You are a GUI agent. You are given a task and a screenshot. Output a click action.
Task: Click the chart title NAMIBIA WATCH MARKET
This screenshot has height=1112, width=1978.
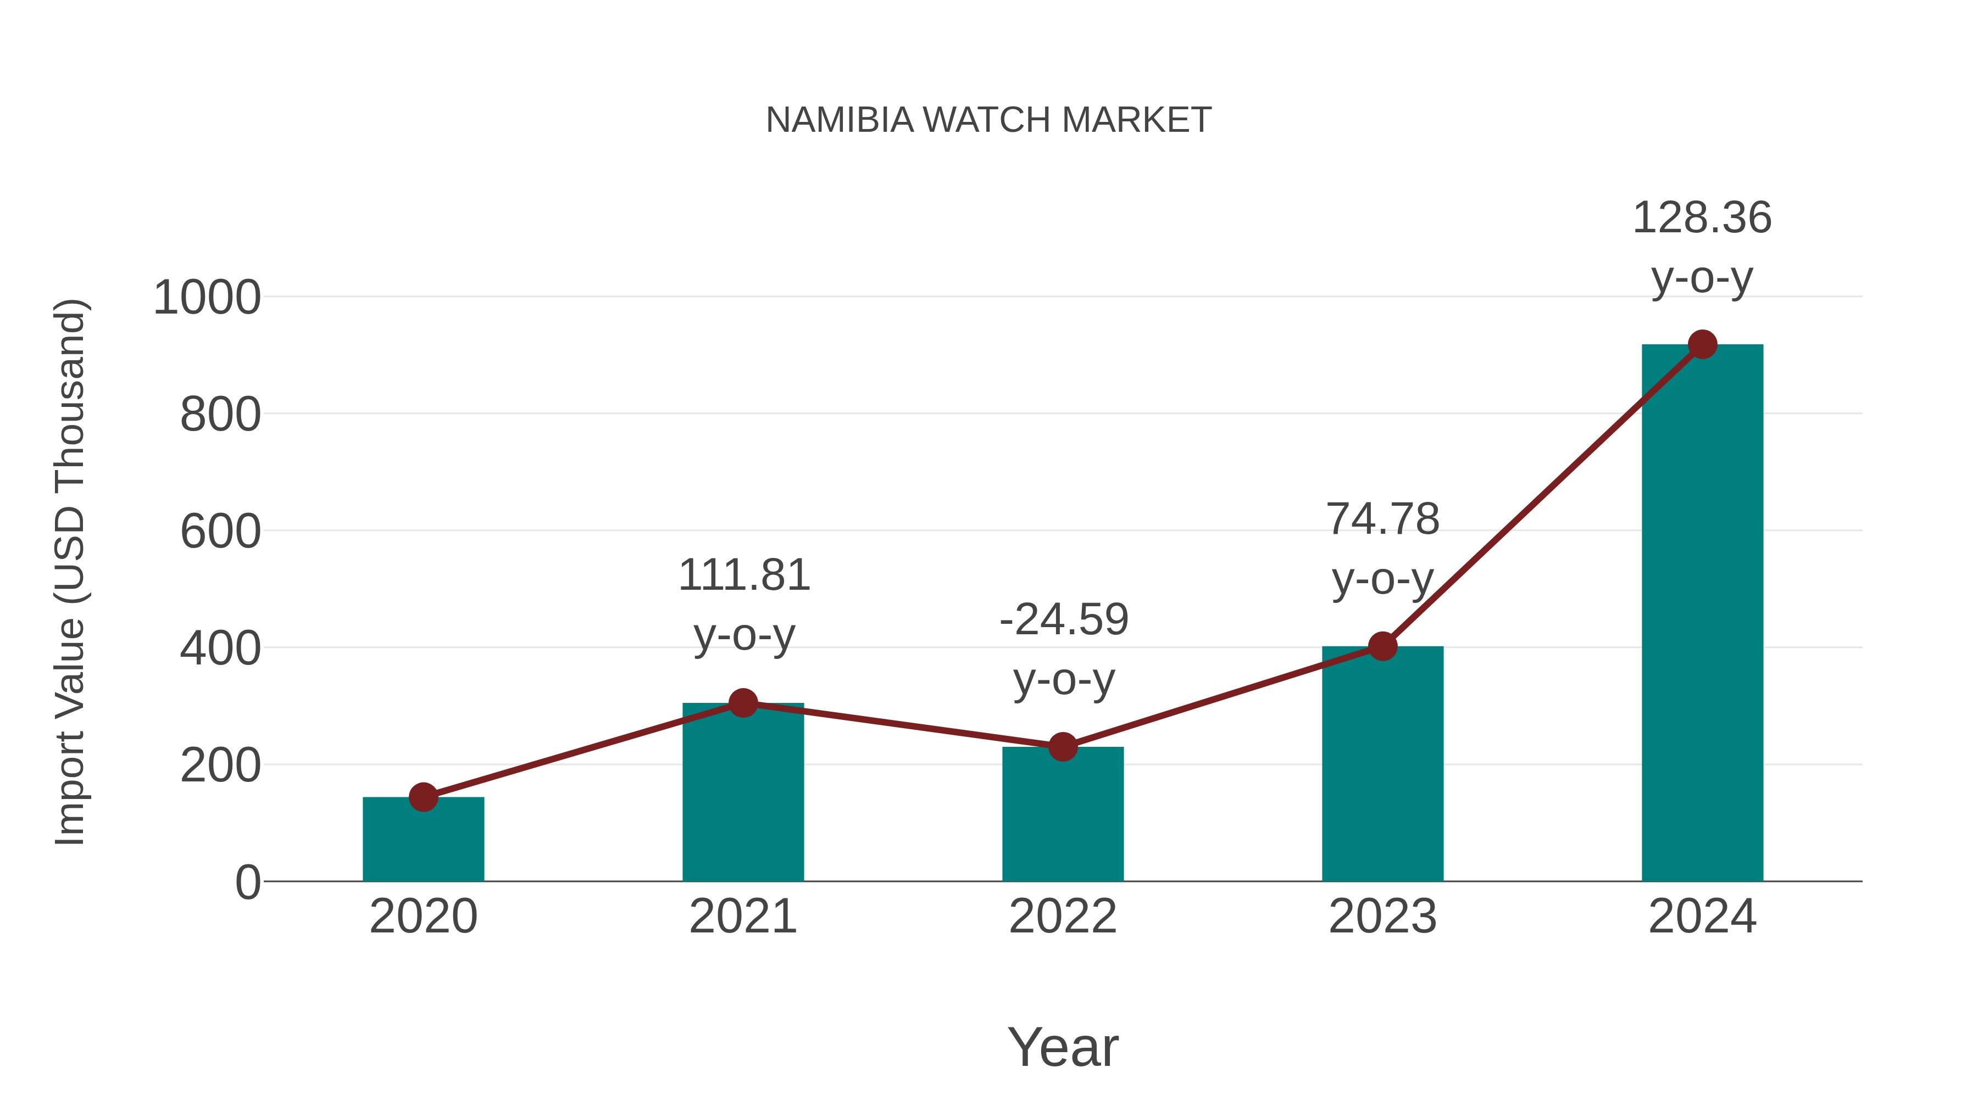pos(988,120)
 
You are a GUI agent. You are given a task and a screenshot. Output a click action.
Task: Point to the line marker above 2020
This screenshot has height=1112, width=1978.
pos(423,797)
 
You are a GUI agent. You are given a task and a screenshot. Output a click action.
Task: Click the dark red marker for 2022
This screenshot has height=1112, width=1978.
pos(1063,746)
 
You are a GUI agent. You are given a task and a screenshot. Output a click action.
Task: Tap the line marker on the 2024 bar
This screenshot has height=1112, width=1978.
pos(1702,344)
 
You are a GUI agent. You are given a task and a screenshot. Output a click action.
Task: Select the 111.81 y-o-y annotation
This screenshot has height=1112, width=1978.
pos(743,604)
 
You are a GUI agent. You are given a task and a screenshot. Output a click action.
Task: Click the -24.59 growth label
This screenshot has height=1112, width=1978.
pos(1064,649)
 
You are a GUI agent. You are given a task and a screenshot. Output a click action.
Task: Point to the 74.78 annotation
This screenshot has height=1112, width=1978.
pos(1382,548)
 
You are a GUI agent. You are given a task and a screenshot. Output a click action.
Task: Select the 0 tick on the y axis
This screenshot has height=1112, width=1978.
pos(247,882)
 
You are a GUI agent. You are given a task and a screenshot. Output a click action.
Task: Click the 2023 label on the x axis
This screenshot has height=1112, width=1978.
pos(1382,917)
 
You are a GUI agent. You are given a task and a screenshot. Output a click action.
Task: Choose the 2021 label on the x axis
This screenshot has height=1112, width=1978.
pos(742,917)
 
